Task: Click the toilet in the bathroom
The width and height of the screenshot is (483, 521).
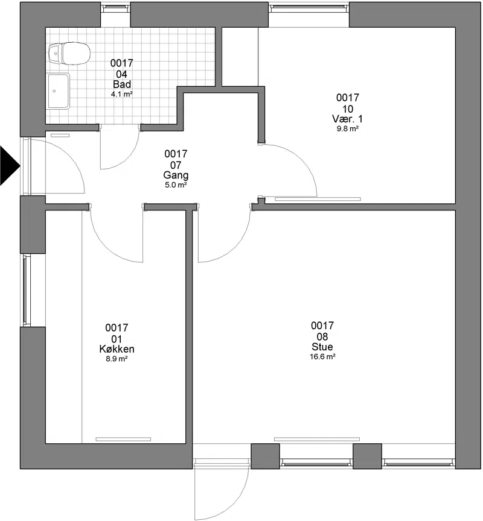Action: pyautogui.click(x=69, y=53)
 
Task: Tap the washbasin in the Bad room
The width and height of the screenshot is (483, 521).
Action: pyautogui.click(x=59, y=92)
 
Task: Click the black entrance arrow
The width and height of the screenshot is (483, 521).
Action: pyautogui.click(x=10, y=165)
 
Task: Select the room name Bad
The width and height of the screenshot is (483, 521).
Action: pyautogui.click(x=122, y=84)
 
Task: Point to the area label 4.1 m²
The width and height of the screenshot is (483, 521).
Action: pyautogui.click(x=122, y=94)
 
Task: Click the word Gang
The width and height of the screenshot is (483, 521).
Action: pyautogui.click(x=176, y=175)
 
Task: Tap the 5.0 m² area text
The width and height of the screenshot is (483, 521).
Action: pyautogui.click(x=176, y=185)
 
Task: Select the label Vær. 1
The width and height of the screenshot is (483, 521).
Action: pyautogui.click(x=347, y=119)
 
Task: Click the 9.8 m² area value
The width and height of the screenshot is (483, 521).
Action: pyautogui.click(x=347, y=128)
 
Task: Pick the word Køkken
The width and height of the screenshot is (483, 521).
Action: pyautogui.click(x=117, y=349)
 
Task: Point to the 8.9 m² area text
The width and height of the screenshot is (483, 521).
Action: pyautogui.click(x=117, y=359)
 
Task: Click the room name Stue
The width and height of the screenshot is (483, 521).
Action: pyautogui.click(x=322, y=347)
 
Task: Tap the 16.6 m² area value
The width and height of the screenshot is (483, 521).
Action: pyautogui.click(x=322, y=357)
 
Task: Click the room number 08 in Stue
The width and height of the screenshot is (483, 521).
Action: pyautogui.click(x=322, y=336)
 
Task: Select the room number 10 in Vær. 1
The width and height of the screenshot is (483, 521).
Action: pyautogui.click(x=348, y=109)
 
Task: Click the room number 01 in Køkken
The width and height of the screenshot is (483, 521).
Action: pyautogui.click(x=117, y=339)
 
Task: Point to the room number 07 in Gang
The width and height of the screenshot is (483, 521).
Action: pyautogui.click(x=176, y=165)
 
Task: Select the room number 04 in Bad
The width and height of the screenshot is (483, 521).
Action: pyautogui.click(x=122, y=74)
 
